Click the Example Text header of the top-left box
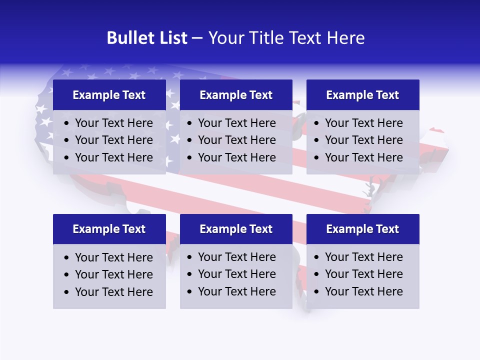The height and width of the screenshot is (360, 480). click(109, 95)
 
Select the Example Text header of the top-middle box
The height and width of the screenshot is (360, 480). click(236, 95)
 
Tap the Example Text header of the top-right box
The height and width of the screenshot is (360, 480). click(362, 95)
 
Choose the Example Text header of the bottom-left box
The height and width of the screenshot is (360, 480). click(109, 229)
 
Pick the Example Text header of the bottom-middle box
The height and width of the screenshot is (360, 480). click(236, 229)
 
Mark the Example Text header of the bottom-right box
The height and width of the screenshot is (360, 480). click(362, 229)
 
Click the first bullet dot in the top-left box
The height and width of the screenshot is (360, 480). click(67, 123)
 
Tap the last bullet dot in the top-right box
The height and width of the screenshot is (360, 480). click(317, 158)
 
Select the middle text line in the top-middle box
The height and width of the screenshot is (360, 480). click(236, 140)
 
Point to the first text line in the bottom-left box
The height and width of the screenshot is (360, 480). click(114, 257)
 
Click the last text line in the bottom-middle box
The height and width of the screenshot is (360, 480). click(236, 291)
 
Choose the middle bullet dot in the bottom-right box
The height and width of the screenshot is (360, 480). click(317, 274)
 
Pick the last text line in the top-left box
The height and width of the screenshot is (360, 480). click(114, 157)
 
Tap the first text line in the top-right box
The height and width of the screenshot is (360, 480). click(363, 123)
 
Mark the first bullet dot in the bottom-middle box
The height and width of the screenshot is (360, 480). click(190, 257)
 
